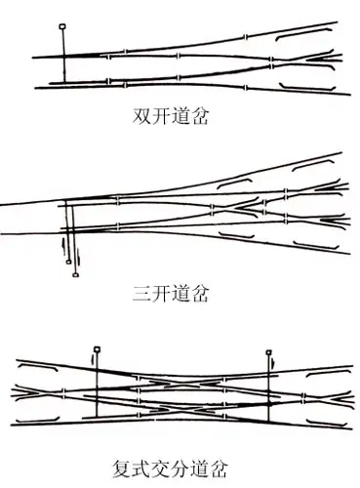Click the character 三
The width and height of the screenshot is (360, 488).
(141, 291)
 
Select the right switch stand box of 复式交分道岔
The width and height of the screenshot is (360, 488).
(268, 348)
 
